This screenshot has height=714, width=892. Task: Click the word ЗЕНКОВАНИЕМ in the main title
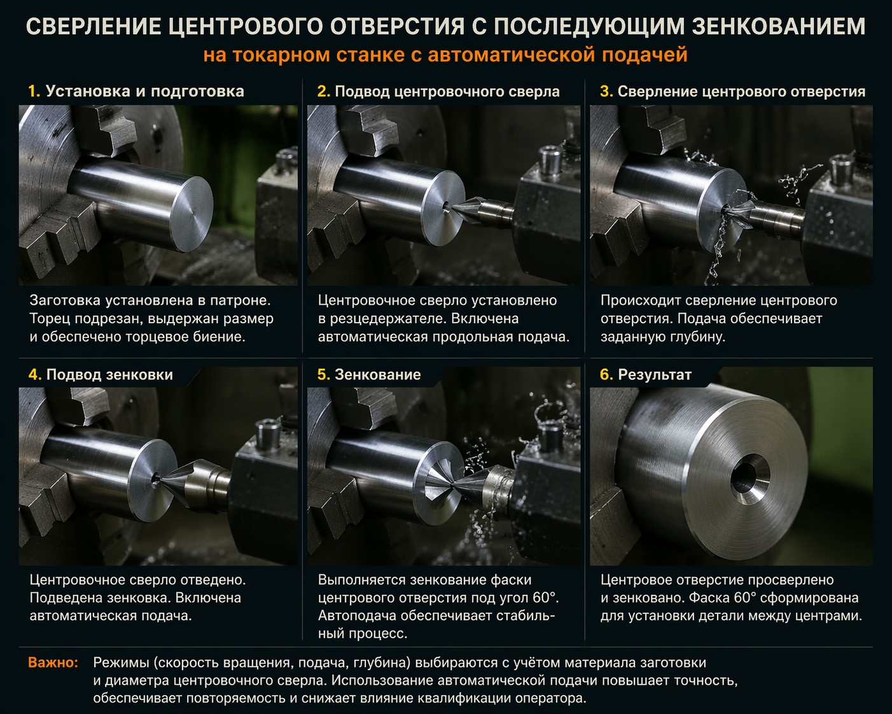[x=778, y=27]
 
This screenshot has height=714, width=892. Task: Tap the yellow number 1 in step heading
[x=33, y=91]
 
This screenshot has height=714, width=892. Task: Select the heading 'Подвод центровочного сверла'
[x=447, y=92]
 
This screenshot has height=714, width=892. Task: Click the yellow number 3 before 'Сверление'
[x=605, y=92]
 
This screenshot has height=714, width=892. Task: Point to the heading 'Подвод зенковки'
[x=109, y=375]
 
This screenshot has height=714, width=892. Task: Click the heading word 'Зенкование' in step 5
[x=377, y=375]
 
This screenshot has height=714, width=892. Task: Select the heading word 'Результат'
[x=654, y=375]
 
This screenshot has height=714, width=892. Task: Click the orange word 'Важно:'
[x=53, y=662]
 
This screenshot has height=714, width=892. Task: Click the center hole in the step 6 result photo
[x=742, y=475]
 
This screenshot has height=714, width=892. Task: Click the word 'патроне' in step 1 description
[x=242, y=300]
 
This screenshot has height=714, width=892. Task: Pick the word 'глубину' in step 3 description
[x=698, y=337]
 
